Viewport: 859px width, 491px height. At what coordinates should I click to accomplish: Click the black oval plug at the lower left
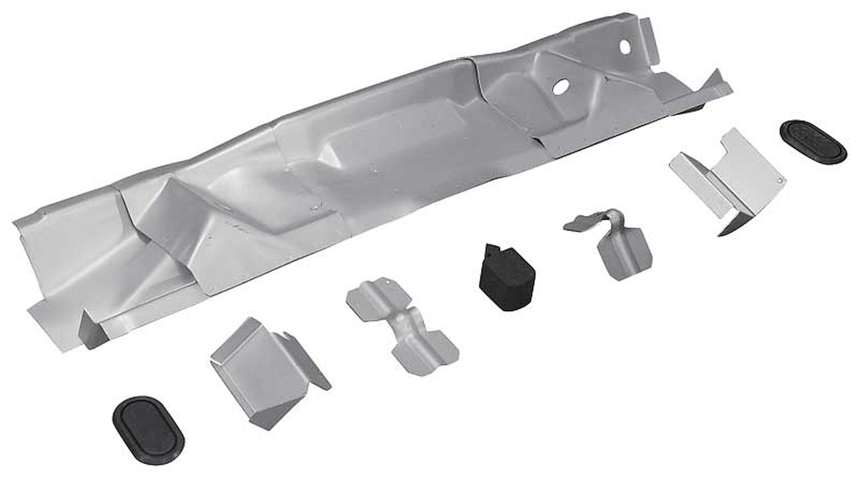[148, 430]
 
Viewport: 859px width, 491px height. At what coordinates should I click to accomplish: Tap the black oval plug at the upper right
[813, 143]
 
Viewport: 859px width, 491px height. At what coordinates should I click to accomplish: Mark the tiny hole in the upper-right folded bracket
[778, 179]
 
